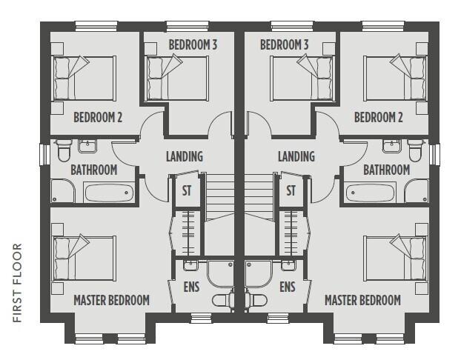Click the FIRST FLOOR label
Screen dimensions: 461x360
tap(18, 283)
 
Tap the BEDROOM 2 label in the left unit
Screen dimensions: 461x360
tap(98, 117)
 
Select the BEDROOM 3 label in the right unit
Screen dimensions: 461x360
tap(285, 45)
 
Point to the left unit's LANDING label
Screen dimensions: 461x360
tap(185, 156)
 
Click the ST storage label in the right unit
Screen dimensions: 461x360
tap(291, 190)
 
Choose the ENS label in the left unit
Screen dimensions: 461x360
tap(191, 287)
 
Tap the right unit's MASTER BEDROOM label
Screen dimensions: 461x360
tap(362, 300)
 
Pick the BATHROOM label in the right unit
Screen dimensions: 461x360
tap(387, 170)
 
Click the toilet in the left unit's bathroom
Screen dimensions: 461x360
tap(64, 150)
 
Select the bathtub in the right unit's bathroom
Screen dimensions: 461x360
tap(370, 193)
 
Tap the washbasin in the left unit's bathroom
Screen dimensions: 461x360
tap(87, 146)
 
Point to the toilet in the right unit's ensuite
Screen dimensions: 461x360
tap(256, 300)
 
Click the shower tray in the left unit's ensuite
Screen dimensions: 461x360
tap(221, 273)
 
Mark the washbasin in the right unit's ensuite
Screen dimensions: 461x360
tap(288, 265)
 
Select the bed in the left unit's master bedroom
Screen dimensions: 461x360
tap(84, 258)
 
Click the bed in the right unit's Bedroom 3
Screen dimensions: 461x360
tap(302, 78)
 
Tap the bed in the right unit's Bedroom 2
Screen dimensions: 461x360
tap(396, 78)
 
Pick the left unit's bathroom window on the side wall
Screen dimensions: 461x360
tap(45, 155)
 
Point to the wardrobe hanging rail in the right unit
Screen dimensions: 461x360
tap(291, 233)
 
